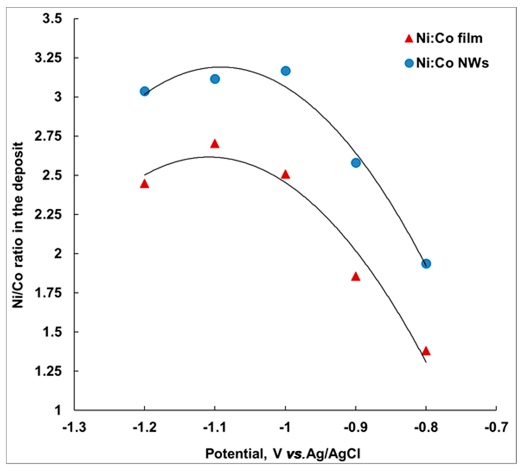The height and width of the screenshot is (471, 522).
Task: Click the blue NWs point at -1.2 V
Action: click(x=145, y=91)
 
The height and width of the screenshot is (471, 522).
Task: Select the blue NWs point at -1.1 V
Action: click(x=215, y=79)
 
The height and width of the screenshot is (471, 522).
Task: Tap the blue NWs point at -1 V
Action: click(x=286, y=71)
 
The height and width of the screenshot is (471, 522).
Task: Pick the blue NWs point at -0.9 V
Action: click(x=356, y=163)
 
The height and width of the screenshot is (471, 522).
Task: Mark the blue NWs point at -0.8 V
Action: click(x=426, y=264)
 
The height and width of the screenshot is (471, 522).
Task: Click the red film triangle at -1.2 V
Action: click(x=145, y=184)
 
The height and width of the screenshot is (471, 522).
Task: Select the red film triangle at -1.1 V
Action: click(x=215, y=144)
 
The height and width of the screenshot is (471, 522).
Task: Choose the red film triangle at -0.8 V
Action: click(x=426, y=351)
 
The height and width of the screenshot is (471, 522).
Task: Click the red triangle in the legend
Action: click(x=409, y=39)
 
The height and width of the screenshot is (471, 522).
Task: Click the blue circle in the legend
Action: click(x=409, y=63)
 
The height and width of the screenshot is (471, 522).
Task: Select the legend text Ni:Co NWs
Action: click(x=452, y=63)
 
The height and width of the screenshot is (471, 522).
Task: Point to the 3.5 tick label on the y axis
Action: click(x=52, y=19)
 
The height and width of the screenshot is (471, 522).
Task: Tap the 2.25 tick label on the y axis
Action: click(x=48, y=214)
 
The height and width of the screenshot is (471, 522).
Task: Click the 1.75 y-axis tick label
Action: click(x=48, y=293)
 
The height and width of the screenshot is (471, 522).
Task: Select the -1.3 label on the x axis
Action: click(x=74, y=428)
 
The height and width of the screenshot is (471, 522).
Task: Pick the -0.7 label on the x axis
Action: click(x=496, y=428)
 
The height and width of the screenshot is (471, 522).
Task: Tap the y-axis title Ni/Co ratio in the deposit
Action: click(x=18, y=225)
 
